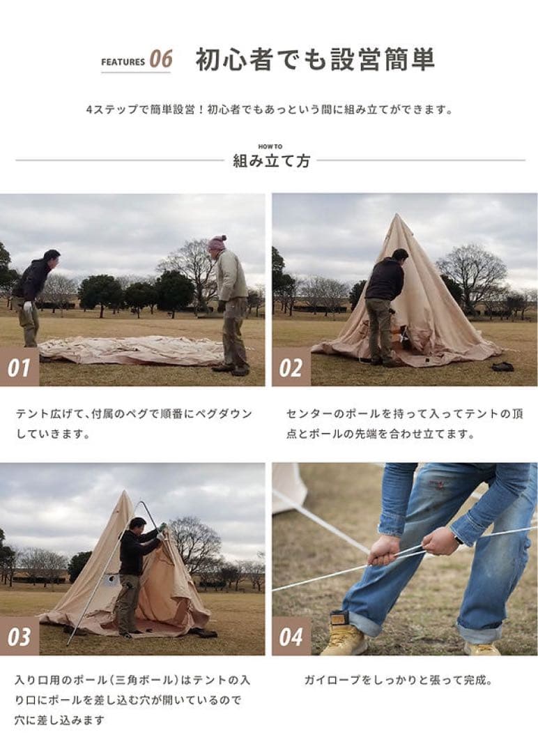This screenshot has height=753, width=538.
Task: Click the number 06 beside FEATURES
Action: click(x=161, y=60)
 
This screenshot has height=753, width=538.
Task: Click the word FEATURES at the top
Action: click(x=123, y=62)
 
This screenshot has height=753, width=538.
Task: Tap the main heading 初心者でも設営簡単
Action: click(x=315, y=60)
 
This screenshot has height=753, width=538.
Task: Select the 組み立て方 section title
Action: click(x=271, y=161)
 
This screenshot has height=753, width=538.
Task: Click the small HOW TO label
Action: click(x=270, y=146)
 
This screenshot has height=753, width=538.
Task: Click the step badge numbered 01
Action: click(x=19, y=367)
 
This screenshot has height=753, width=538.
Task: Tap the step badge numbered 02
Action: click(x=291, y=367)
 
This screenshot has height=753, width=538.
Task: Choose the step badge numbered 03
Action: click(x=19, y=637)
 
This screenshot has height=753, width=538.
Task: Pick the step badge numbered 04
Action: click(x=291, y=637)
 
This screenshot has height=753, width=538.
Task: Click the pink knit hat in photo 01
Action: click(x=217, y=243)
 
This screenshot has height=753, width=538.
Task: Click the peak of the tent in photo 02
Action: click(x=398, y=217)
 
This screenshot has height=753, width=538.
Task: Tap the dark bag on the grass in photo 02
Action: click(x=502, y=366)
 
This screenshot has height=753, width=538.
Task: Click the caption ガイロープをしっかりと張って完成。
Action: click(x=398, y=680)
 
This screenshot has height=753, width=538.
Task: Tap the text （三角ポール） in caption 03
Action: click(x=132, y=680)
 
